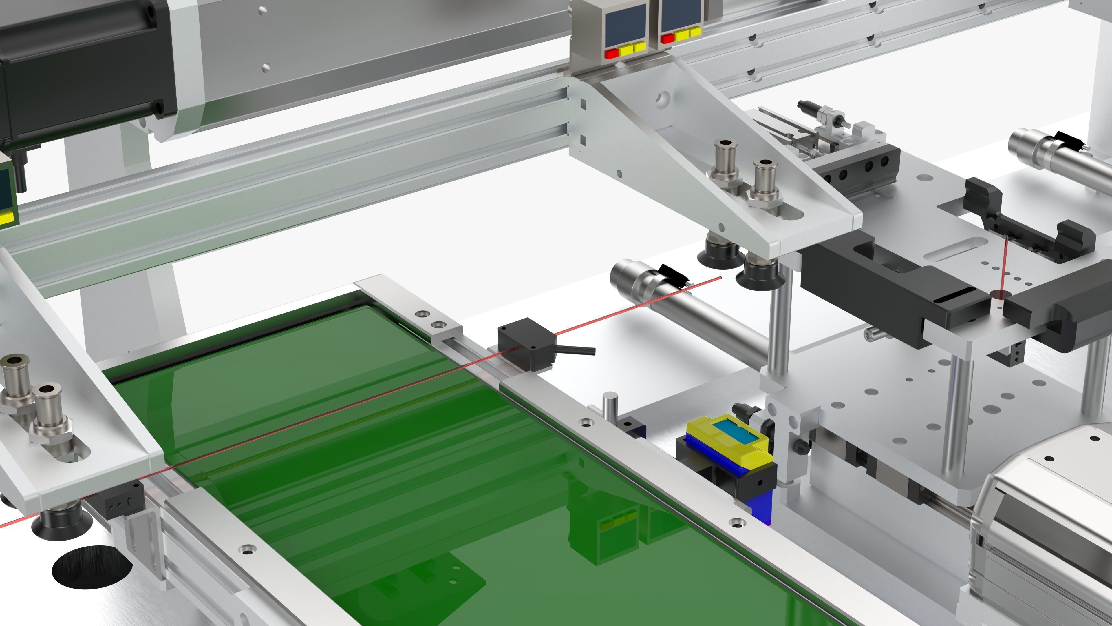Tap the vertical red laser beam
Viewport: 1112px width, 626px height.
coord(1003,266)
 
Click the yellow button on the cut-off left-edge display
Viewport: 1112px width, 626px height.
coord(6,218)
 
